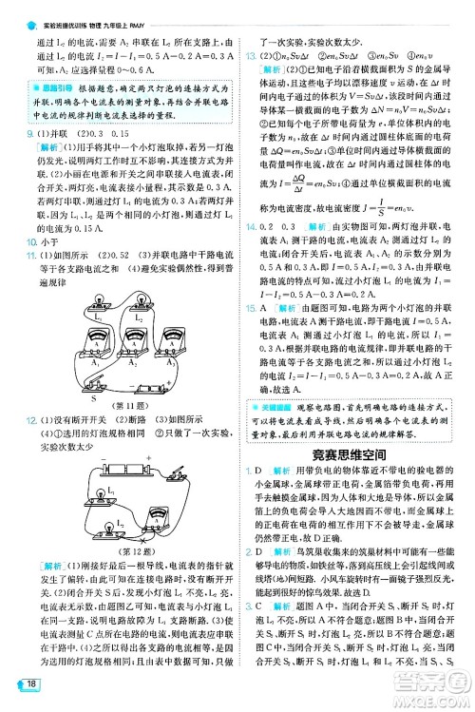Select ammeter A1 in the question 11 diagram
coord(97,344)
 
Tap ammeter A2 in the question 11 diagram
coord(133,343)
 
